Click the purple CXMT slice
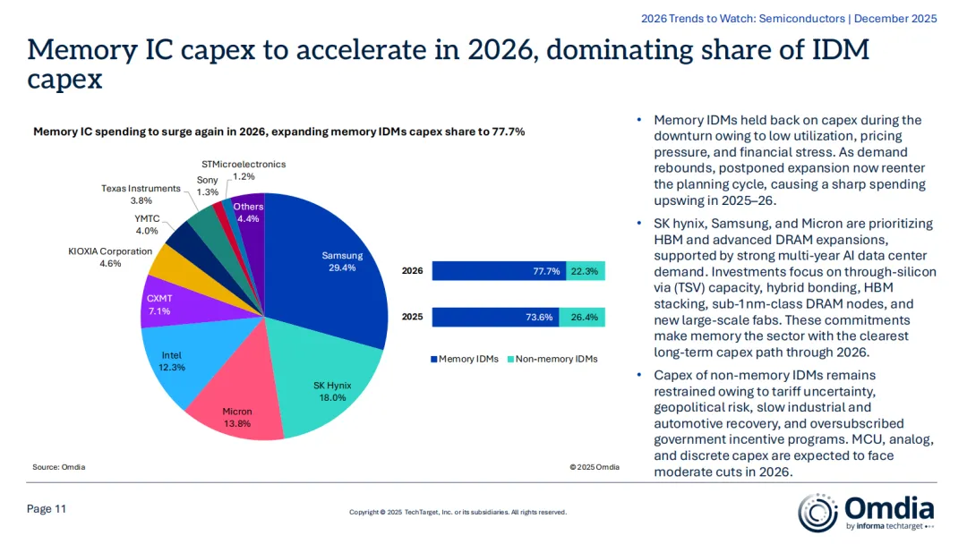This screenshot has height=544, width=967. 161,302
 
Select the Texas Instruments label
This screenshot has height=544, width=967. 141,195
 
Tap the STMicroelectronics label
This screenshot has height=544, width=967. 244,170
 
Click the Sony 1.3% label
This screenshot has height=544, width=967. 207,186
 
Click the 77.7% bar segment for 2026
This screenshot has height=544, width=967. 499,271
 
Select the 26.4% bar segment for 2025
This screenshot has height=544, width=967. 583,317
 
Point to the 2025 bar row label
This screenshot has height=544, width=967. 412,317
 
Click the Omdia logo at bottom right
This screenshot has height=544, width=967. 867,513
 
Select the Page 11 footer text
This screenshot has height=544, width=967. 47,509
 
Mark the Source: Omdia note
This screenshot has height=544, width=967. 59,467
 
